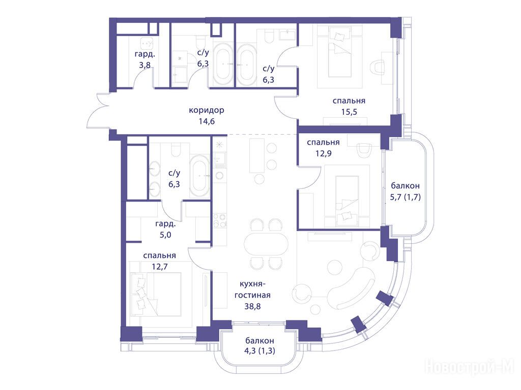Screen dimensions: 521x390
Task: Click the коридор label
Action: click(207, 110)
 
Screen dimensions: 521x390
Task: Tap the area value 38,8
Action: click(252, 306)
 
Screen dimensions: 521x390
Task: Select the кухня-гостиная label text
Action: click(252, 289)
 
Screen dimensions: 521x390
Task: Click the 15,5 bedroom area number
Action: click(349, 112)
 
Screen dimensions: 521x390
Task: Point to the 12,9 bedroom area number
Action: click(323, 153)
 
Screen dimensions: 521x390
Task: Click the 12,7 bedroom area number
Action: click(160, 266)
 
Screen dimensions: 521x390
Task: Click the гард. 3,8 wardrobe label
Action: click(145, 59)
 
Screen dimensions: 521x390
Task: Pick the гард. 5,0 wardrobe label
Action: click(165, 230)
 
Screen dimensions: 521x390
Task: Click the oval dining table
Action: click(266, 244)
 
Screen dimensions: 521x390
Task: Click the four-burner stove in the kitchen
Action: click(220, 220)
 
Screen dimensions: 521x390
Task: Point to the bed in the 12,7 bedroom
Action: click(156, 294)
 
